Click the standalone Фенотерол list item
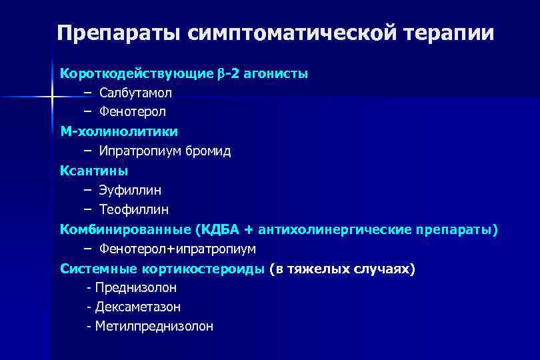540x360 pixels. pos(133,112)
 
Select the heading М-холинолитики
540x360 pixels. pos(119,131)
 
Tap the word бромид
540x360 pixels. pos(208,151)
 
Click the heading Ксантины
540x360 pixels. pos(94,171)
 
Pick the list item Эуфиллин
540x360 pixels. pos(130,191)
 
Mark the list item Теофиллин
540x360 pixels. pos(134,210)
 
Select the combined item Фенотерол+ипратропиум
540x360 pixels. pos(177,249)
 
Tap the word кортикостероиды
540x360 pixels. pos(203,269)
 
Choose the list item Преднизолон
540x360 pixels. pos(136,288)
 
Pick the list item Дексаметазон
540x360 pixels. pos(138,307)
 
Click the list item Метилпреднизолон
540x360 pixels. pos(154,327)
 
